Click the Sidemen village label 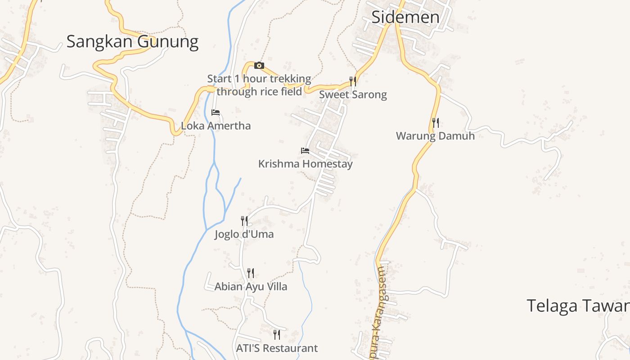[x=405, y=17]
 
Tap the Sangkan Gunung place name [x=132, y=42]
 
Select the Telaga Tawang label [x=578, y=306]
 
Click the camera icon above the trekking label [x=259, y=66]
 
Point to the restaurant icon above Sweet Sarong [x=353, y=81]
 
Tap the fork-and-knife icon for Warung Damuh [x=435, y=122]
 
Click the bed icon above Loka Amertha [x=216, y=112]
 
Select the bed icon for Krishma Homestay [x=305, y=151]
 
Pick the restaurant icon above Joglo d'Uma [x=244, y=220]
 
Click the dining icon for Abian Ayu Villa [x=251, y=273]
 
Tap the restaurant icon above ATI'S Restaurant [x=277, y=335]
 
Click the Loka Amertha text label [x=216, y=126]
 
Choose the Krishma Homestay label [x=305, y=164]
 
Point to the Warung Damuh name [x=435, y=135]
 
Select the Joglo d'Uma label [x=244, y=234]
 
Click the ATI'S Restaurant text [x=277, y=348]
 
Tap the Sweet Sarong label [x=353, y=94]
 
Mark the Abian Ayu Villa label [x=251, y=287]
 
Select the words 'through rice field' [x=259, y=92]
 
